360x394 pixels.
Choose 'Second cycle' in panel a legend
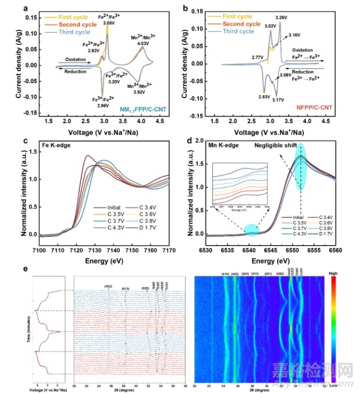click(x=72, y=25)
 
